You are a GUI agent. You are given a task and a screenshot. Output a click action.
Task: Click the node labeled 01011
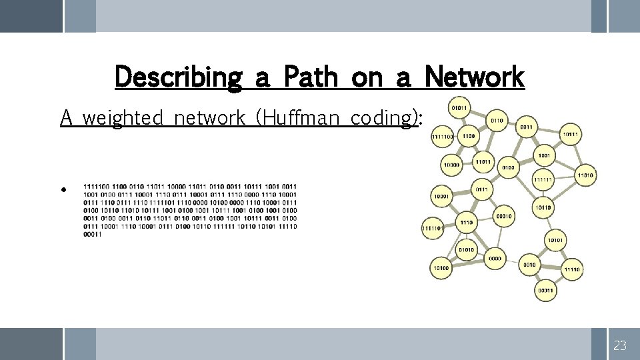[459, 107]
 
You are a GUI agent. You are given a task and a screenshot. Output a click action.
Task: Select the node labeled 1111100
[442, 137]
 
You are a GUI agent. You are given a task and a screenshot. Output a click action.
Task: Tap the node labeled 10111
[570, 135]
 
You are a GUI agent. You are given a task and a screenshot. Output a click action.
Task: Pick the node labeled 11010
[585, 175]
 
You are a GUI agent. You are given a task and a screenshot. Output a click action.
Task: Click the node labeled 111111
[543, 180]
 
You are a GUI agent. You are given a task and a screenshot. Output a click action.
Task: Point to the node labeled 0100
[508, 167]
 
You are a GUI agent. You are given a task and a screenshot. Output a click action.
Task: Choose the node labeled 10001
[441, 197]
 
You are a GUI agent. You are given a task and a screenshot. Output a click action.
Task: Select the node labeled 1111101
[432, 229]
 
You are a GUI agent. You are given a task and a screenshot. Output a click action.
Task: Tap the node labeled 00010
[504, 216]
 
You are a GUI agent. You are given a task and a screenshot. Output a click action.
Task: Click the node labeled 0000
[495, 259]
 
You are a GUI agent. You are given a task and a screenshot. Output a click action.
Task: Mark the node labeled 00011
[545, 290]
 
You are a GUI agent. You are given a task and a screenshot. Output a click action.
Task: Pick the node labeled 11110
[571, 270]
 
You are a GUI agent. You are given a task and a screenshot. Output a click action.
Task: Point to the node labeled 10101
[555, 240]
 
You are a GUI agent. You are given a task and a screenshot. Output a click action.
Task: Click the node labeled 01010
[466, 250]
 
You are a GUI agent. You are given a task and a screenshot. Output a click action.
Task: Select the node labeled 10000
[452, 165]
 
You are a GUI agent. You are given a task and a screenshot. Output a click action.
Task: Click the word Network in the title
[474, 77]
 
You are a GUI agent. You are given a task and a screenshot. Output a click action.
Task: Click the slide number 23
[620, 345]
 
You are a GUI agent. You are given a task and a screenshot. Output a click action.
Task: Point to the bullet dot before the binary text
[63, 189]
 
